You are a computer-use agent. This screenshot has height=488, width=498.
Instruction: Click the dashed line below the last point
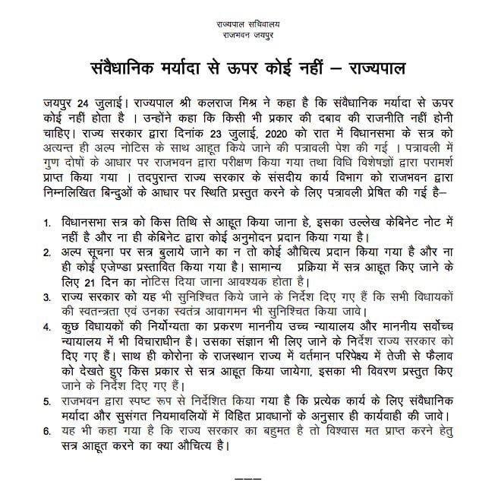click(248, 479)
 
